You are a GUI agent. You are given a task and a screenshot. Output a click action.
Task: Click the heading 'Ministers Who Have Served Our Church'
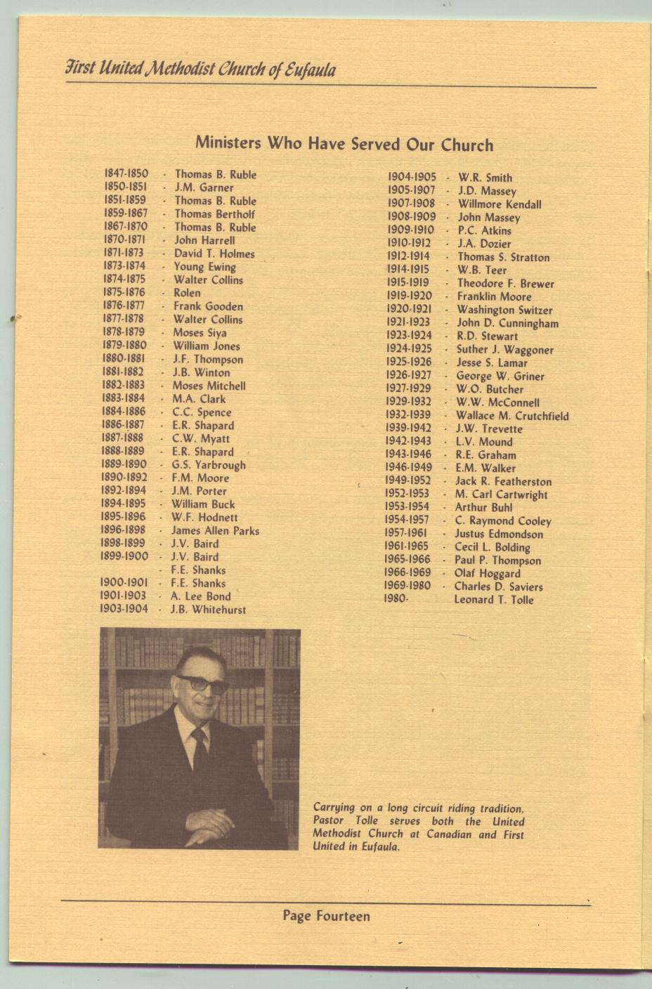[344, 144]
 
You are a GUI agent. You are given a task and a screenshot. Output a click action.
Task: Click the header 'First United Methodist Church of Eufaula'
[200, 70]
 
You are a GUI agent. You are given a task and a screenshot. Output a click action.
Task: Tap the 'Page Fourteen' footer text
[326, 915]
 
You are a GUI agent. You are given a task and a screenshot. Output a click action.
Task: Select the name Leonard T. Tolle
[493, 600]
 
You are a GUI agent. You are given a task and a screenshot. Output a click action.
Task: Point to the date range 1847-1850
[126, 173]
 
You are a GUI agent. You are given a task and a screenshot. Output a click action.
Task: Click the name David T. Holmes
[214, 254]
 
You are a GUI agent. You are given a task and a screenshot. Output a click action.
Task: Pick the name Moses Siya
[200, 332]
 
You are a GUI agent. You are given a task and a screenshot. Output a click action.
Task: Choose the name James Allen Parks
[215, 530]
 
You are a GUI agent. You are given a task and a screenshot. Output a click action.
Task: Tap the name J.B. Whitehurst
[208, 610]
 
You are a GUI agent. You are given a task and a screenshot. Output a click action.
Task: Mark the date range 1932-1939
[407, 415]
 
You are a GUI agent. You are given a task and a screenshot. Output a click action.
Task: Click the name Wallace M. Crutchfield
[512, 416]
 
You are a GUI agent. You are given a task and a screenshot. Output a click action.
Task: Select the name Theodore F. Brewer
[505, 284]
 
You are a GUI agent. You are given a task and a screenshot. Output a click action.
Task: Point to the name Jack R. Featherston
[503, 481]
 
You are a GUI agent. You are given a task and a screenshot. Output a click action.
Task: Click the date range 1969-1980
[407, 586]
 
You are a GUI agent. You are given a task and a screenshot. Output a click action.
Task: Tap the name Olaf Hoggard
[487, 573]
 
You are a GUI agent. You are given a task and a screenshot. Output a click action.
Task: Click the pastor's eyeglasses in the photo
[202, 683]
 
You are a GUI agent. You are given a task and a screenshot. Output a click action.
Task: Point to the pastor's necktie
[200, 748]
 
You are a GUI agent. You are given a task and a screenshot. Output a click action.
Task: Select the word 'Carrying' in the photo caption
[334, 808]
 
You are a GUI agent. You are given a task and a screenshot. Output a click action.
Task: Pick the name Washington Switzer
[504, 310]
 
